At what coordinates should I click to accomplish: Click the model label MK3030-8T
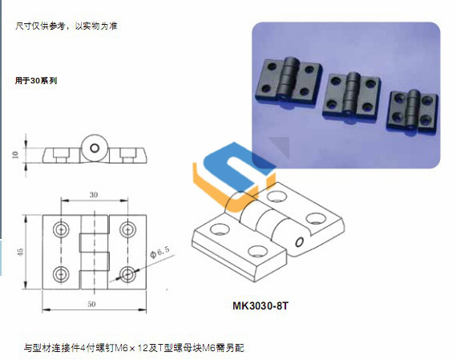[x=260, y=305]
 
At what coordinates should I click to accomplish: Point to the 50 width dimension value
[x=91, y=304]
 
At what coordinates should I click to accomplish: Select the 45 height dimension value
[x=20, y=252]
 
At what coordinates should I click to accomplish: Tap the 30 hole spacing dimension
[x=94, y=195]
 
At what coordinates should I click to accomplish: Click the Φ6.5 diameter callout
[x=159, y=252]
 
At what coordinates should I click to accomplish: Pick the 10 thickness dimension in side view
[x=15, y=155]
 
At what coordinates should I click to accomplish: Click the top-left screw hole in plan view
[x=61, y=229]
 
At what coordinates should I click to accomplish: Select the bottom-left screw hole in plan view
[x=61, y=274]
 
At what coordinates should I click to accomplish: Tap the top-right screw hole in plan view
[x=127, y=229]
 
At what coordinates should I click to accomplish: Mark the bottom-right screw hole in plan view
[x=127, y=274]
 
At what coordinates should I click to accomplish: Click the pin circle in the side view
[x=95, y=148]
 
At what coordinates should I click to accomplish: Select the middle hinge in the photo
[x=352, y=96]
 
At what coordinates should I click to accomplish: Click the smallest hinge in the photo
[x=413, y=110]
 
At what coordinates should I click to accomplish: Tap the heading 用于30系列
[x=36, y=80]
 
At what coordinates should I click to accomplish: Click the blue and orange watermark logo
[x=234, y=176]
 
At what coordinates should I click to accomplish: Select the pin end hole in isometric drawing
[x=299, y=242]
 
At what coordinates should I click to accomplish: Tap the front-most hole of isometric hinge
[x=257, y=251]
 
